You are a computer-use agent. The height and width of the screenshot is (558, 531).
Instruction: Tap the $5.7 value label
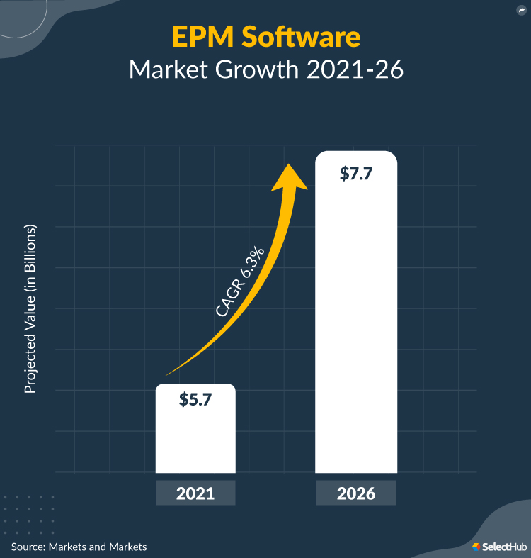[x=195, y=398]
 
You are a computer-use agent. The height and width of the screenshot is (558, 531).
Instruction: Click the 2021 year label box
[x=195, y=492]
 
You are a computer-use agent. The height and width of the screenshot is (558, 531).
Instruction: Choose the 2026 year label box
[x=355, y=492]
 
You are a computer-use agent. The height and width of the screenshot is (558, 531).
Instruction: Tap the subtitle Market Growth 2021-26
[x=265, y=71]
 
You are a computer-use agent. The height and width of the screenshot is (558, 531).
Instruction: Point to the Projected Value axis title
[x=30, y=310]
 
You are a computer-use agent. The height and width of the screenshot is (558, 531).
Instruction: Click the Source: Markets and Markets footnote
[x=79, y=547]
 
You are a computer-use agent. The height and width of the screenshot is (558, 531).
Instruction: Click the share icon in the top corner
[x=520, y=10]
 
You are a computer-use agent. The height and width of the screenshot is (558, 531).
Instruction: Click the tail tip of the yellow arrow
[x=167, y=374]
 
